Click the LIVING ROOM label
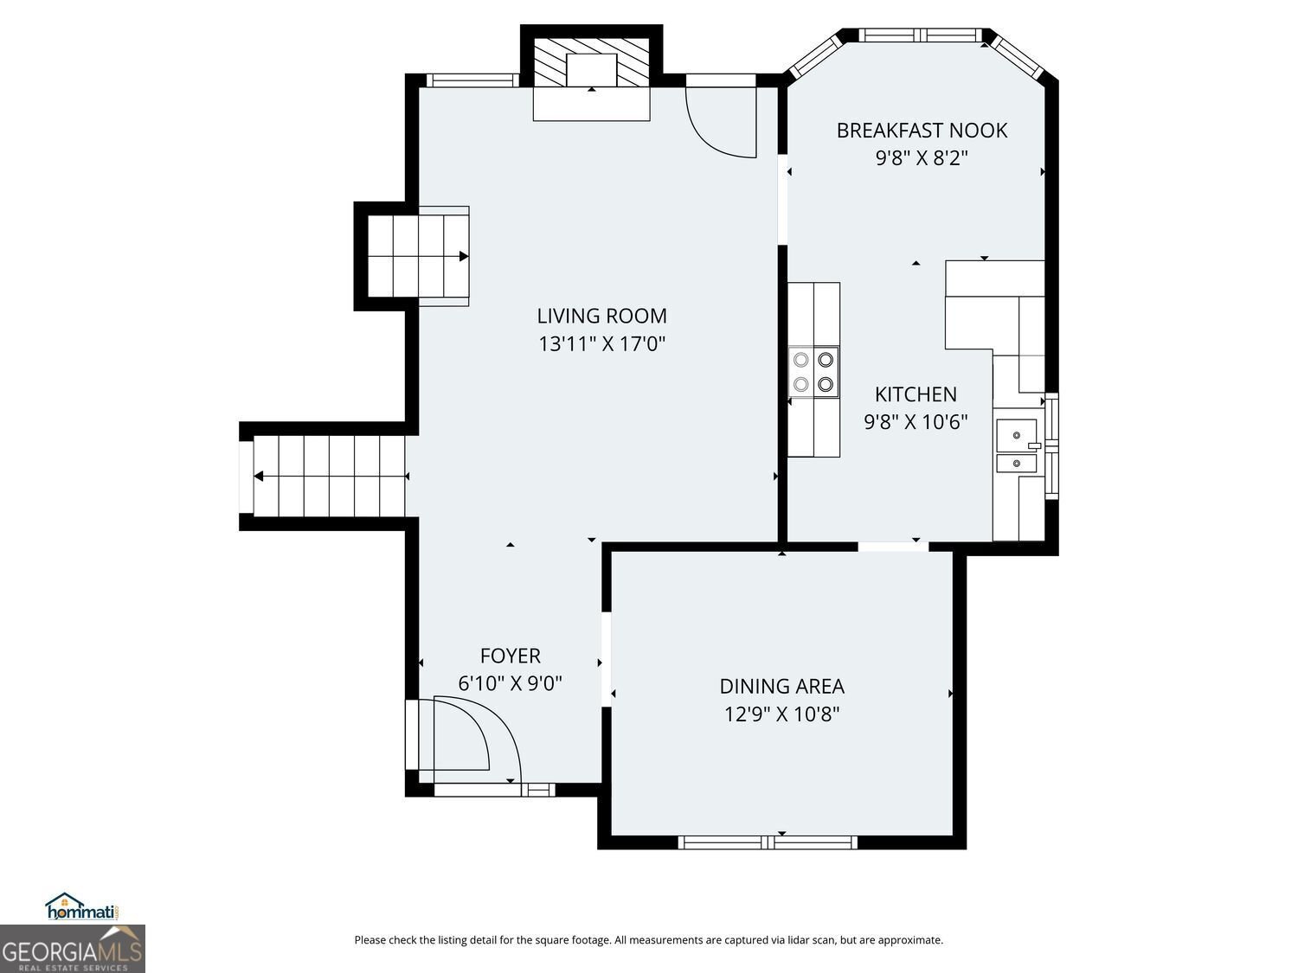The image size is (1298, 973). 601,316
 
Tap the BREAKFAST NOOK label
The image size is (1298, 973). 922,131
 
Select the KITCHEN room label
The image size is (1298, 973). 916,394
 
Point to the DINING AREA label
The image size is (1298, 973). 781,686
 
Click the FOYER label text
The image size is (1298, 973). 510,656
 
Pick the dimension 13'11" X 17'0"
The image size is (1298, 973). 601,344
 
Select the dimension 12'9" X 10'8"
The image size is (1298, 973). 781,714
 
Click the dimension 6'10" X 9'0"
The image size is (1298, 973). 510,683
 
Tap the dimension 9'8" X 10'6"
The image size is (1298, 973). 916,422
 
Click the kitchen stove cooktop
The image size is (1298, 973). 813,372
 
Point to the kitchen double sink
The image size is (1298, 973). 1017,446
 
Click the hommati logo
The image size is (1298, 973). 82,906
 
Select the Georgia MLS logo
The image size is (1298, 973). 72,949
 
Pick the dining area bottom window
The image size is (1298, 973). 767,842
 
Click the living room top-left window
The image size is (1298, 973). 472,80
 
